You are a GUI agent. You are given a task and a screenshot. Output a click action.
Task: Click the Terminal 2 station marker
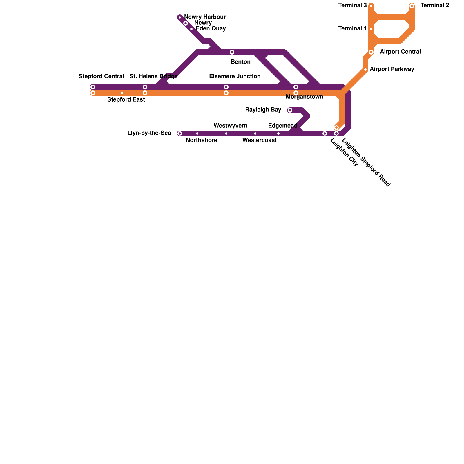pyautogui.click(x=412, y=6)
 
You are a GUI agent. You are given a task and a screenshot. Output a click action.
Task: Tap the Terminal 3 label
pyautogui.click(x=353, y=6)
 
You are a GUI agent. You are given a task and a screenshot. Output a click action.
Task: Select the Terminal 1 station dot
pyautogui.click(x=371, y=29)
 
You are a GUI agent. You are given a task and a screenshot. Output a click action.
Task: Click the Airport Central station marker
pyautogui.click(x=371, y=52)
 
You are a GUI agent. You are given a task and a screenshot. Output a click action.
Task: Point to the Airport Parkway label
pyautogui.click(x=392, y=69)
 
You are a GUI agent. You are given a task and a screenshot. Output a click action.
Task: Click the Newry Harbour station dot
pyautogui.click(x=180, y=17)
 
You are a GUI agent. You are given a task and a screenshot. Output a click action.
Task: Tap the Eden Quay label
pyautogui.click(x=211, y=28)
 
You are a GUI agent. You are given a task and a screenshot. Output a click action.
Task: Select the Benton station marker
pyautogui.click(x=232, y=52)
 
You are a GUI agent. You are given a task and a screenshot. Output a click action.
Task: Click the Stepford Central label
pyautogui.click(x=101, y=77)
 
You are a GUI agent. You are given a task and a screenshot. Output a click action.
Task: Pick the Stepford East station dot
pyautogui.click(x=122, y=93)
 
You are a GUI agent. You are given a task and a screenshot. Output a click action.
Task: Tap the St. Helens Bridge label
pyautogui.click(x=153, y=77)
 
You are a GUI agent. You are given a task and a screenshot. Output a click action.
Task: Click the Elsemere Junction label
pyautogui.click(x=235, y=77)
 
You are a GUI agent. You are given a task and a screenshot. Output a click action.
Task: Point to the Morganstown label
pyautogui.click(x=304, y=97)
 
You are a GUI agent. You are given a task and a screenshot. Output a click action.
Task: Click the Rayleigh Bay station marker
pyautogui.click(x=290, y=110)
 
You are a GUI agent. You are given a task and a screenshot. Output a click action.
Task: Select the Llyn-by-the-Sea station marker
pyautogui.click(x=180, y=133)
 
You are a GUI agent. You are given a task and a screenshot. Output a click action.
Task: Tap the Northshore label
pyautogui.click(x=201, y=140)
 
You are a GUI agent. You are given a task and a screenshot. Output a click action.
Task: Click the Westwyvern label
pyautogui.click(x=230, y=126)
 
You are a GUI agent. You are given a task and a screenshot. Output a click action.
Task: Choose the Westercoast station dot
pyautogui.click(x=255, y=133)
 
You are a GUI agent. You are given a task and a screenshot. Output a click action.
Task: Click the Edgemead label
pyautogui.click(x=282, y=126)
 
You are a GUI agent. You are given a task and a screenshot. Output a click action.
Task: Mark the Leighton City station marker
pyautogui.click(x=325, y=133)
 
